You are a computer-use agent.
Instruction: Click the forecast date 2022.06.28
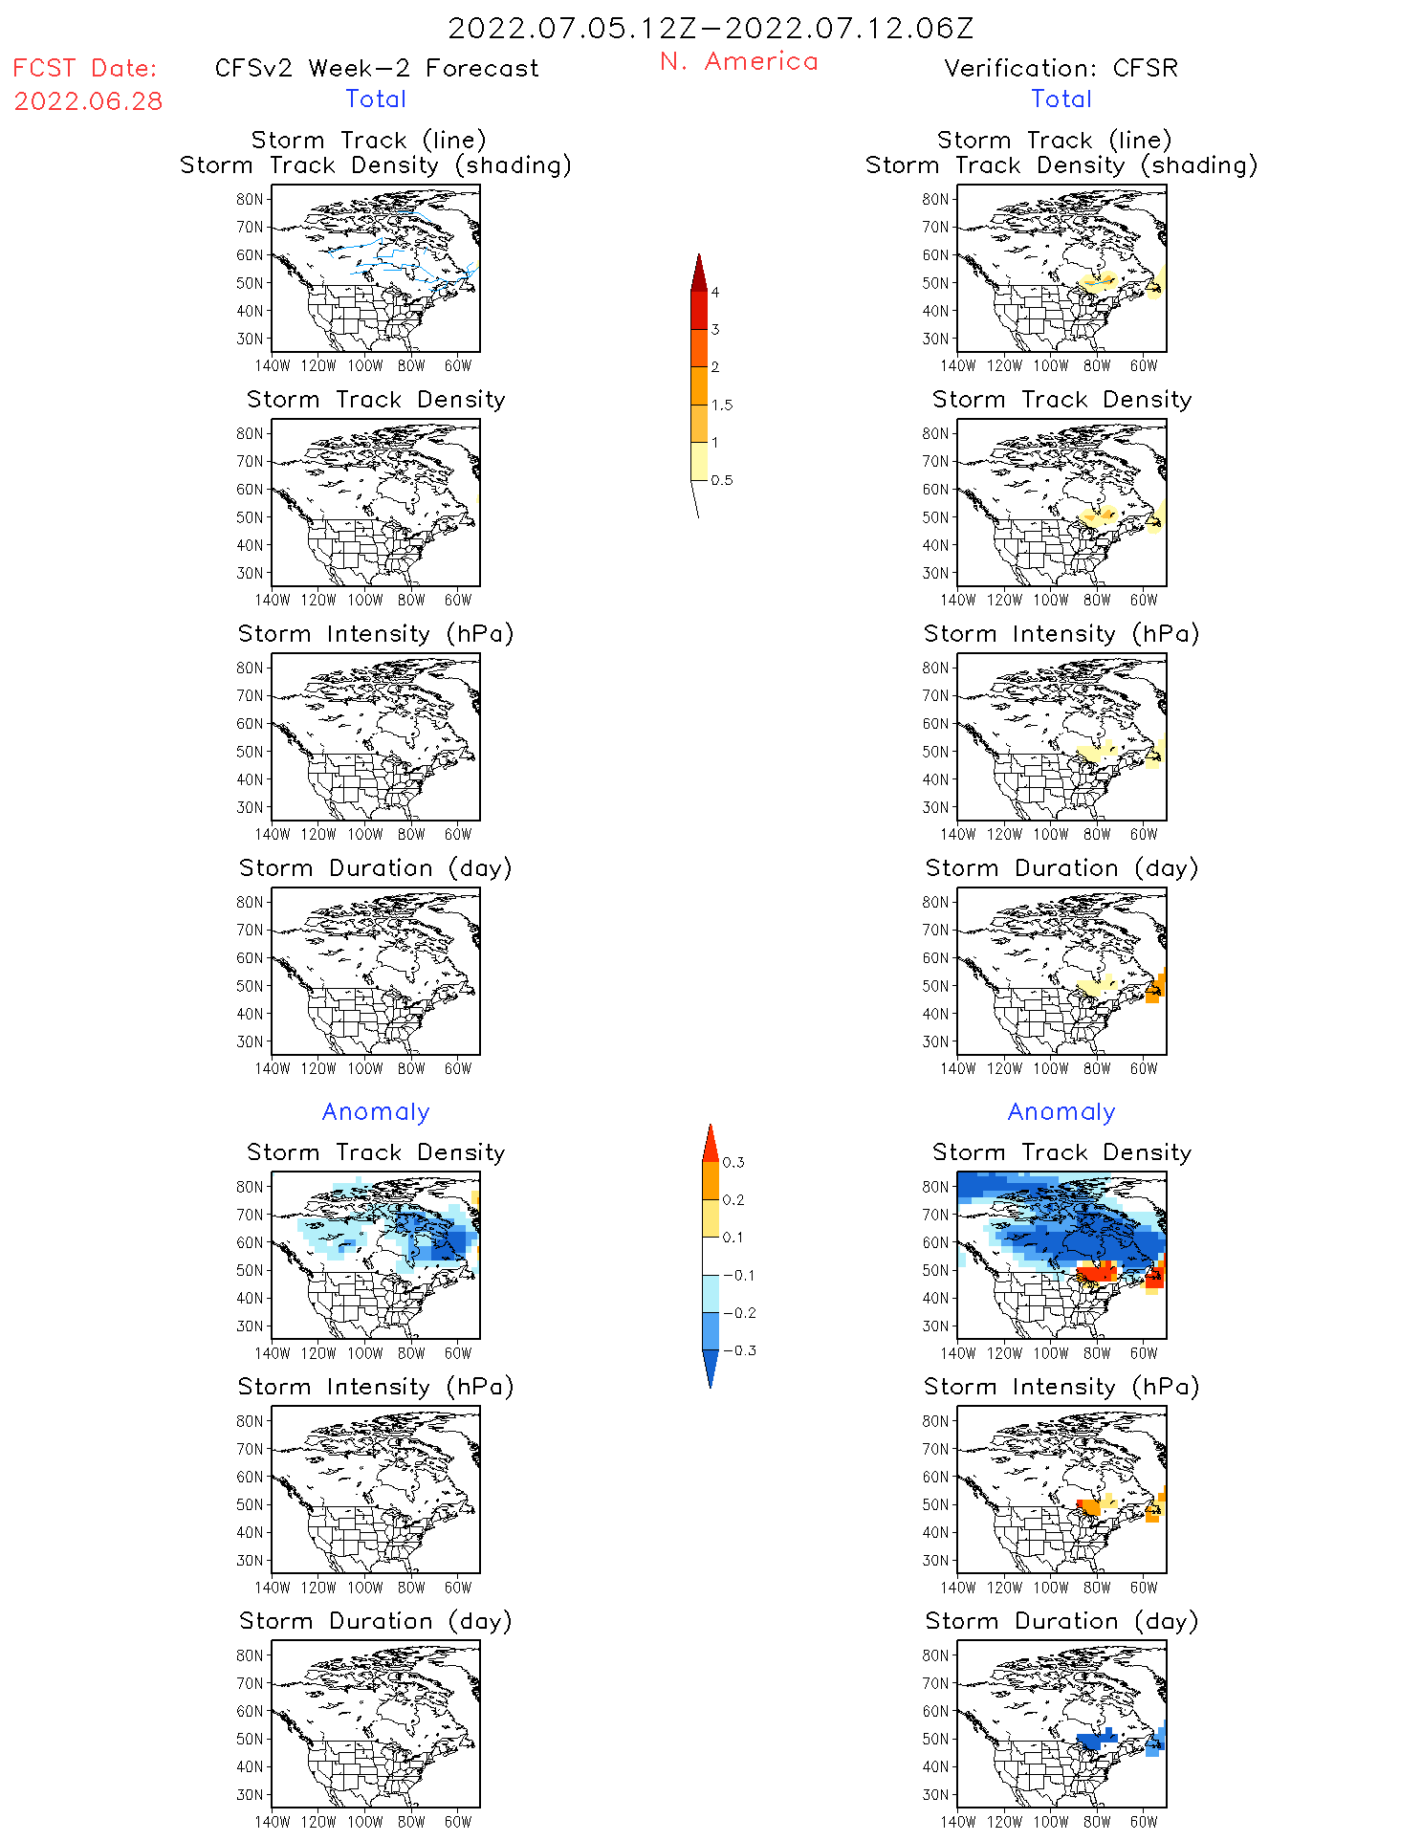[88, 101]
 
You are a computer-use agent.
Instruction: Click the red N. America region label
[738, 62]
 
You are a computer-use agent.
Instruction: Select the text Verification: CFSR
[1061, 69]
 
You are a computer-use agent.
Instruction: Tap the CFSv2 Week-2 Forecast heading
[377, 69]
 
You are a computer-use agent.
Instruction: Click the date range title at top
[711, 29]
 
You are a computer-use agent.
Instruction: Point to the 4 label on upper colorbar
[715, 293]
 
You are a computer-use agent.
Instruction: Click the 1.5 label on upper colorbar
[722, 405]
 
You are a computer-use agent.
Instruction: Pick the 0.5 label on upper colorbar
[722, 480]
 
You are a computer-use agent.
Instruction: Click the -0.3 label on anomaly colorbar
[739, 1350]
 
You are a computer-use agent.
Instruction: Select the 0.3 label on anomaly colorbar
[733, 1163]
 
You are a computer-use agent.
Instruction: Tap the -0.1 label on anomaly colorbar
[739, 1275]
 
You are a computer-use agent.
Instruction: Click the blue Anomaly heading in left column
[376, 1112]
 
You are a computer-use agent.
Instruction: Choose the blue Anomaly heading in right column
[1061, 1112]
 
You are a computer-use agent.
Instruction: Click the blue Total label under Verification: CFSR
[1061, 99]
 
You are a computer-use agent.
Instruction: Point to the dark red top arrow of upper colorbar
[699, 273]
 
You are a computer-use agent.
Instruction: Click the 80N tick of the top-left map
[250, 200]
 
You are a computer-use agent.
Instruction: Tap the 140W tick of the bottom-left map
[273, 1822]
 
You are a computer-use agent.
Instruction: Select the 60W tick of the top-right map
[1144, 366]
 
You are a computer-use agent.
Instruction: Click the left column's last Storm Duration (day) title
[376, 1621]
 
